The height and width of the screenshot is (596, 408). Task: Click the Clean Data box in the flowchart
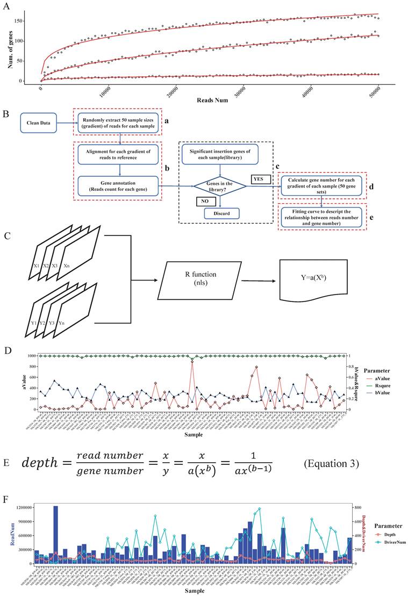tap(38, 123)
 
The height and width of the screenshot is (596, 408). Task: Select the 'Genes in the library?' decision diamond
tap(220, 186)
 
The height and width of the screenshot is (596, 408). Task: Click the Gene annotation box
tap(119, 186)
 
